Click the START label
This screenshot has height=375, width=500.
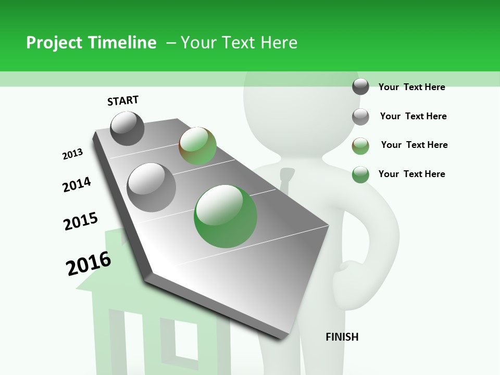123,101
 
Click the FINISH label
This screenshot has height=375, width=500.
342,337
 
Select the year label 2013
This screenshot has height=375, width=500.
72,154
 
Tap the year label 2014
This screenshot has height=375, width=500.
77,184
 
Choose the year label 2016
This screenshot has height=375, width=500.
89,263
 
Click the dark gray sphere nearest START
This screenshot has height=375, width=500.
127,128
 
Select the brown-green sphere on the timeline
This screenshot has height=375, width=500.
197,146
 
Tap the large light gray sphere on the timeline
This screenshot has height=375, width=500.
151,187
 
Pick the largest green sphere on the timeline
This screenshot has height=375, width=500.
226,216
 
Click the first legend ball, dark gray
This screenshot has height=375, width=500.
360,86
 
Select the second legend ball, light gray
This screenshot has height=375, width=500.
360,117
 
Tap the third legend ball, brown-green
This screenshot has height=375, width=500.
360,146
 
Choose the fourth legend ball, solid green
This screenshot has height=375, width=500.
360,174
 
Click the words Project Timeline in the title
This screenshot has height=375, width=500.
91,43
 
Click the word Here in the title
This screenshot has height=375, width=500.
279,43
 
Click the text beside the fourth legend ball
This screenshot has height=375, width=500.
411,174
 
